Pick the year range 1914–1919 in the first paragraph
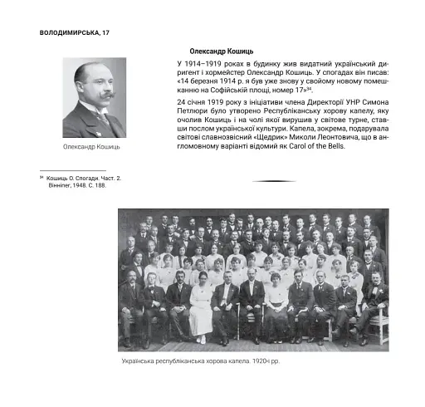pyautogui.click(x=208, y=63)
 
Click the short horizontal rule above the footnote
pyautogui.click(x=72, y=170)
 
